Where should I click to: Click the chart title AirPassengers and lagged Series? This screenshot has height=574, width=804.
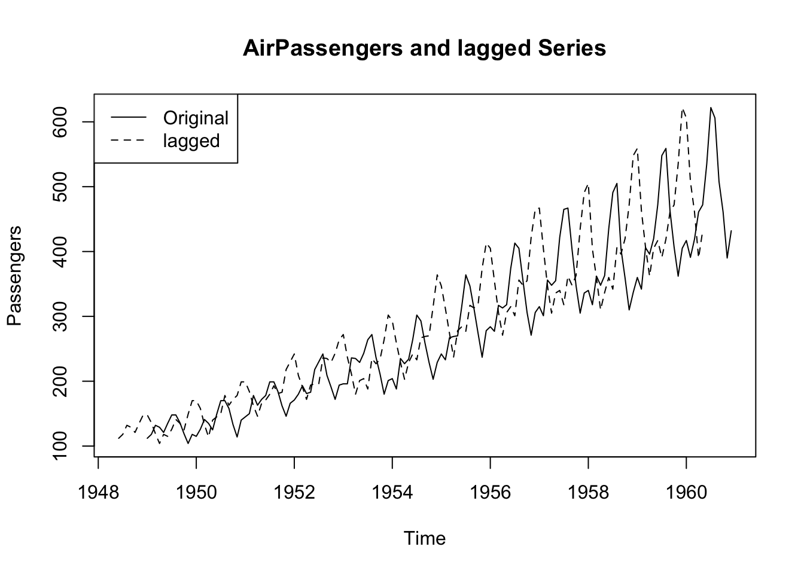click(424, 48)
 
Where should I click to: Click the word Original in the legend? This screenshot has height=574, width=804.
click(196, 118)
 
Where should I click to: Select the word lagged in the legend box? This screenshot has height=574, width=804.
click(191, 141)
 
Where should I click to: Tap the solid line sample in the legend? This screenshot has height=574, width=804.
click(128, 118)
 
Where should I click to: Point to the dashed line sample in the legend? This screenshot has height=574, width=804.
click(128, 141)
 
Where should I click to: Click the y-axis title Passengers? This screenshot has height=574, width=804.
click(14, 276)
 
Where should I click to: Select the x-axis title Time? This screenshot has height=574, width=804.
click(424, 539)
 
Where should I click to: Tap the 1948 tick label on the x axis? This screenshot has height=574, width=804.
click(98, 493)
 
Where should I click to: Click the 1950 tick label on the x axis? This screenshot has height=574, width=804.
click(196, 493)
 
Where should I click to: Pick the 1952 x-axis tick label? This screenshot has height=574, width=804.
click(294, 493)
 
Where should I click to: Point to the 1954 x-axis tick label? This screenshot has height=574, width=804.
click(392, 493)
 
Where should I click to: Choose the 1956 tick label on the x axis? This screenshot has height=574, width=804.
click(490, 493)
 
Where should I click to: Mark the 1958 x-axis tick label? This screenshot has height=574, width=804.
click(588, 493)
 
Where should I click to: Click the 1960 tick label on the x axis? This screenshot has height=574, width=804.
click(686, 493)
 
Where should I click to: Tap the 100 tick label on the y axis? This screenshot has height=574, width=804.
click(61, 446)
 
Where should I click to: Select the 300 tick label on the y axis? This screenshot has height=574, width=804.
click(61, 316)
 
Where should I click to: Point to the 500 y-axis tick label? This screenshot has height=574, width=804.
click(61, 187)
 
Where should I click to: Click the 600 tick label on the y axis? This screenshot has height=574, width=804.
click(61, 122)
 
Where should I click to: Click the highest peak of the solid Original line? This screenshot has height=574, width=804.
click(711, 108)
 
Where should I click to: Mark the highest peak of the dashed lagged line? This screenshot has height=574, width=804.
click(683, 109)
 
